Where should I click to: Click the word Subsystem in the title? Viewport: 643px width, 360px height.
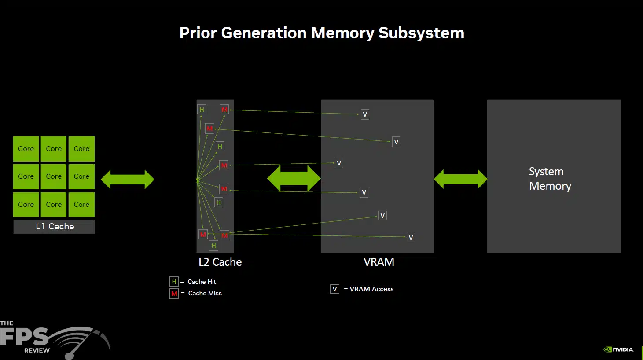421,33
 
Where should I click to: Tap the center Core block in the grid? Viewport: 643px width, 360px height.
54,176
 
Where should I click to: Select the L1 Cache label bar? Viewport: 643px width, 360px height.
54,227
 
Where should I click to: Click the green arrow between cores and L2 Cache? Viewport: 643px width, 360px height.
128,180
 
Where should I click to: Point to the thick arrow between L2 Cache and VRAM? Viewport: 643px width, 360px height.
294,178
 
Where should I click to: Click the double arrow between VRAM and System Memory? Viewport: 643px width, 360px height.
460,179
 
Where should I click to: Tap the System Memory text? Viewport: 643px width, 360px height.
550,179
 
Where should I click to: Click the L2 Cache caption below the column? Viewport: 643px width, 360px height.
220,262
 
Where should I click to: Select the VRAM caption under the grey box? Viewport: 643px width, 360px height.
379,262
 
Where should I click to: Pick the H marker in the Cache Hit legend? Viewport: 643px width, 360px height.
174,282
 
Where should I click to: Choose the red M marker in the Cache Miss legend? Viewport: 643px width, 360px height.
174,294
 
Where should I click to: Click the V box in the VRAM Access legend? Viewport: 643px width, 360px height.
335,289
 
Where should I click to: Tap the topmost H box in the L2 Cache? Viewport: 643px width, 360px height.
202,110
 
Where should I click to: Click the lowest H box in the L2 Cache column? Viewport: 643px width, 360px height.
213,246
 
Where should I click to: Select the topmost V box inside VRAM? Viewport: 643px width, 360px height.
365,114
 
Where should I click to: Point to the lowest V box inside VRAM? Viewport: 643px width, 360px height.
411,237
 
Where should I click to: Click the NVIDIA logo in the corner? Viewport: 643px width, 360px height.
618,349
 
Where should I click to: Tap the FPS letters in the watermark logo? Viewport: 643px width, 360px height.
24,337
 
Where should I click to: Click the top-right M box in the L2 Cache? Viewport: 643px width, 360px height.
224,110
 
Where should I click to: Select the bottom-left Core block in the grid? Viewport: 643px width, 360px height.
26,204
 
